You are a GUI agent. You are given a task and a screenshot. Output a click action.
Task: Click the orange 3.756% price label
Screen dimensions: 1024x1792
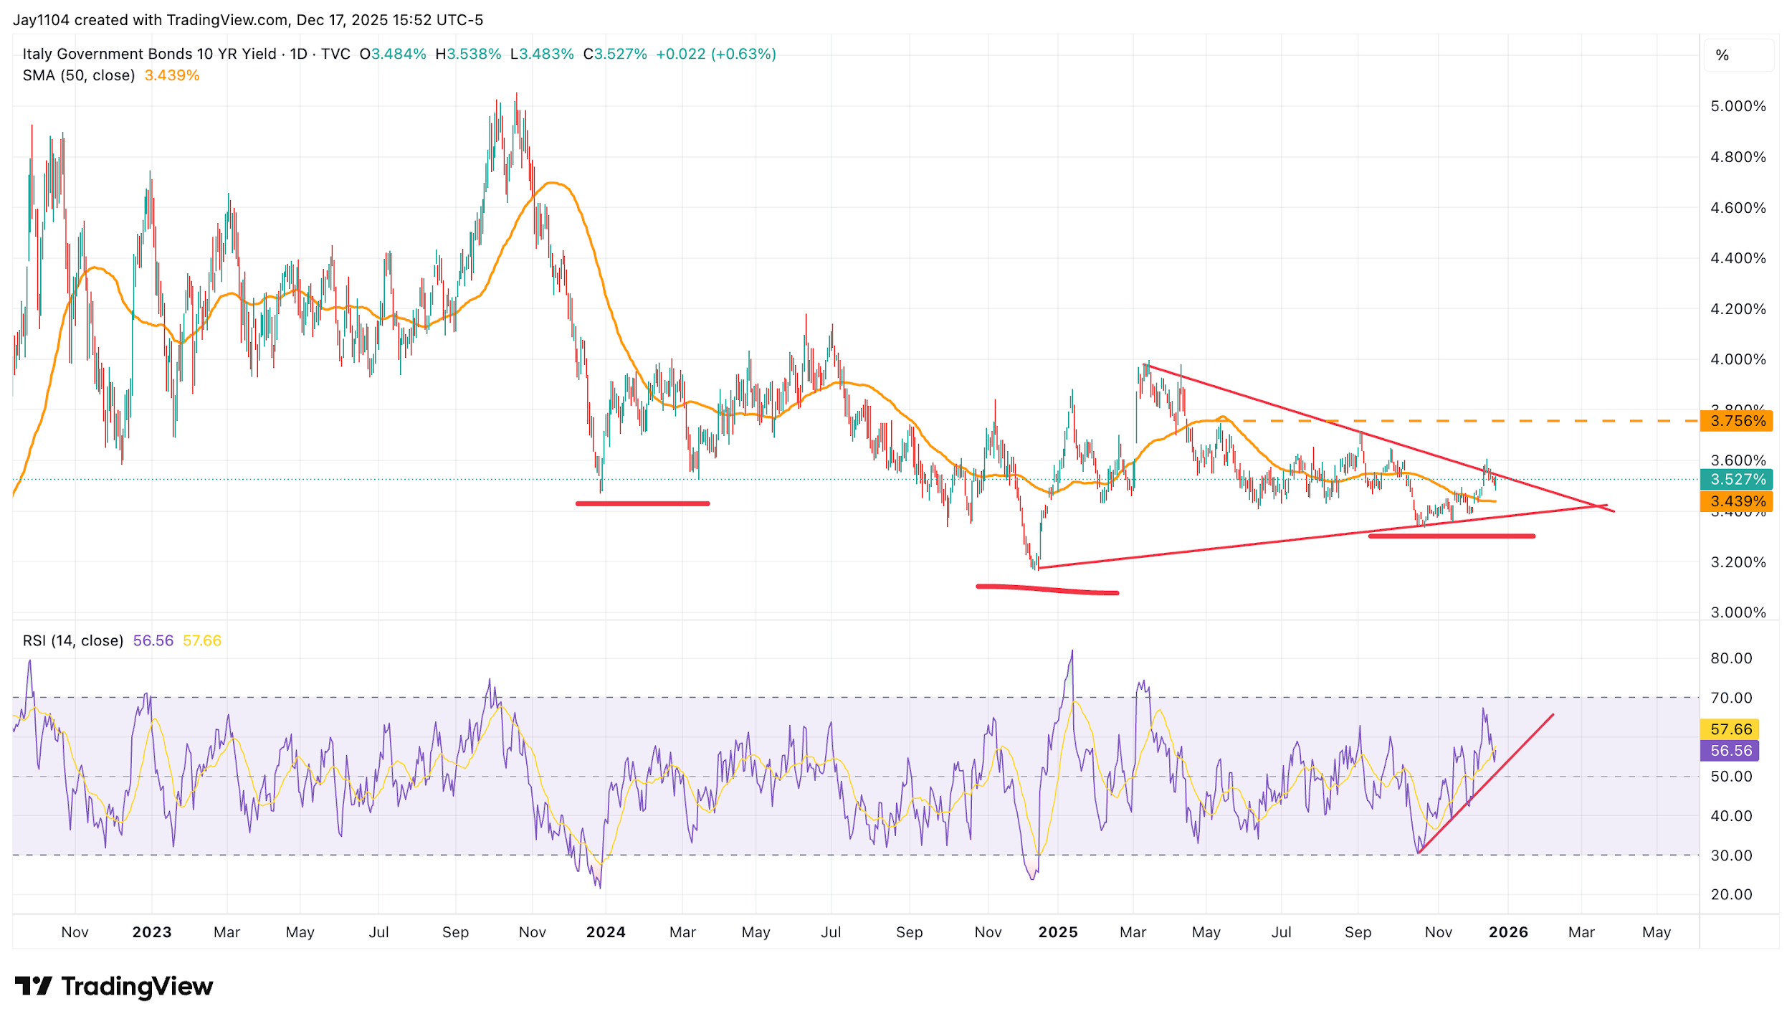pos(1736,421)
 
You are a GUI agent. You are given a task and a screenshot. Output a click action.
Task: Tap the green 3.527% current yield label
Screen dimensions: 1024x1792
pos(1736,479)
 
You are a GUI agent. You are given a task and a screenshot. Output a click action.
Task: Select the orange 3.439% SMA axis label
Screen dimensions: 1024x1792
pos(1736,501)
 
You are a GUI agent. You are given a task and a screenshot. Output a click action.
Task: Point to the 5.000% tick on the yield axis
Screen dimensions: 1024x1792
pos(1738,107)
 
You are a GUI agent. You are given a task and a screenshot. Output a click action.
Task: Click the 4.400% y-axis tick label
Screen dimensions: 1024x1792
pos(1738,258)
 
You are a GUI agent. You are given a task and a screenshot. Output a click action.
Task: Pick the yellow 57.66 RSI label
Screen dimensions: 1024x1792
pos(1730,729)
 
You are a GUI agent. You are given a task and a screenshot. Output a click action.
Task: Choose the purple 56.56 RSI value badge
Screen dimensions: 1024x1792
pos(1730,751)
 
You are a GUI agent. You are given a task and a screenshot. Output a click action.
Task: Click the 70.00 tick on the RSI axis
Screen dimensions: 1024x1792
pos(1730,698)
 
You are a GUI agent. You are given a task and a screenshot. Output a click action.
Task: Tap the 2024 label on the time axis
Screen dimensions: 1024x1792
pos(606,932)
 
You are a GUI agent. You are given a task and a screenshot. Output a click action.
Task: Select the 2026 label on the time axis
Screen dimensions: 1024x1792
pos(1508,932)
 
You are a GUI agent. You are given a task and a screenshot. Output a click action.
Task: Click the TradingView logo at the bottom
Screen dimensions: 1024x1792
pos(114,987)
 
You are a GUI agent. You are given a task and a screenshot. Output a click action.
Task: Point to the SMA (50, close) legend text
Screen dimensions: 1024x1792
pos(79,75)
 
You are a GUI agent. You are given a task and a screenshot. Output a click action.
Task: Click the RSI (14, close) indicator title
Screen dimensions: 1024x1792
pos(72,640)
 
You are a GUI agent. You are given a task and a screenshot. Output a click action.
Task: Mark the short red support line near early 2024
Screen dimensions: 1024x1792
pos(642,503)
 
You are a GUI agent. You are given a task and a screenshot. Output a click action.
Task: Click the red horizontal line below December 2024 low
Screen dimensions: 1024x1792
pos(1047,589)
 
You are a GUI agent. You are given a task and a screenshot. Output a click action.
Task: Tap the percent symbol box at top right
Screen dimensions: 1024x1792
pos(1722,55)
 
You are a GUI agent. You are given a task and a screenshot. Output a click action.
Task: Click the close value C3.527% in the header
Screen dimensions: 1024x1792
pos(615,54)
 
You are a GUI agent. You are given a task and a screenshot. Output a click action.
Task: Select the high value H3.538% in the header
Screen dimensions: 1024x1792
pos(468,54)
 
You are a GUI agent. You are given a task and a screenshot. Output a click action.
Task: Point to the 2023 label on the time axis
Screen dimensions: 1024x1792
pos(152,932)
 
